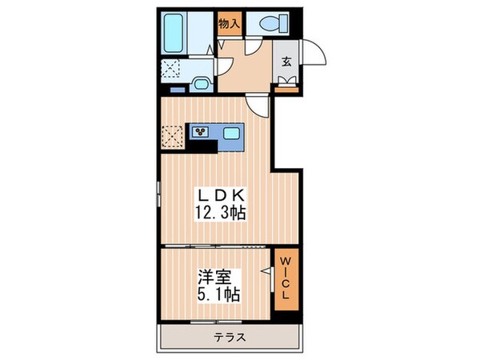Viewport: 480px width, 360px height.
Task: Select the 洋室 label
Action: pyautogui.click(x=214, y=278)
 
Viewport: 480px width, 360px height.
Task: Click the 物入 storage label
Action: pyautogui.click(x=230, y=24)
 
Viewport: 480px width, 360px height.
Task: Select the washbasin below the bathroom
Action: pyautogui.click(x=200, y=82)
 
